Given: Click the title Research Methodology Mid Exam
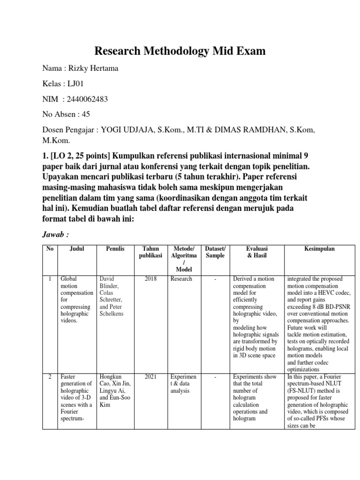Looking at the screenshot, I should click(x=180, y=51).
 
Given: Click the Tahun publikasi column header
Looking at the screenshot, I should click(x=150, y=252).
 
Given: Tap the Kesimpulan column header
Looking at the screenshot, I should click(x=321, y=249).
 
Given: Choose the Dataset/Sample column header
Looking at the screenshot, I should click(x=215, y=252).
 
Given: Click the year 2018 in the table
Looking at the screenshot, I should click(x=150, y=279).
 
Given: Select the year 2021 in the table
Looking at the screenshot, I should click(x=150, y=376).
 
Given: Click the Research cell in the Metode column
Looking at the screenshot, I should click(x=181, y=279).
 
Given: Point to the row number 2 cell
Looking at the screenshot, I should click(x=50, y=376).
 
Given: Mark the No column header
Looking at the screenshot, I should click(x=50, y=249).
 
